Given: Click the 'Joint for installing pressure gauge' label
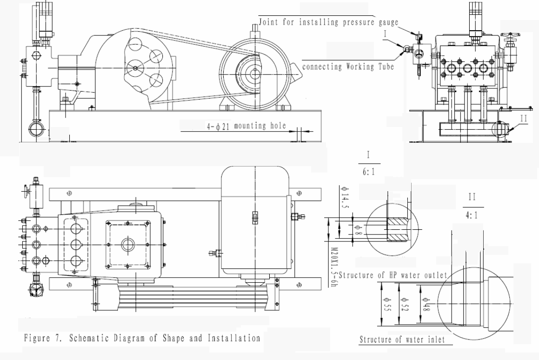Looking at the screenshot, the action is [x=328, y=22].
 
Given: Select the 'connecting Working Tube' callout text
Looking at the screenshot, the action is [x=348, y=67].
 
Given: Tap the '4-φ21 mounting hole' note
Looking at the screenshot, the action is [x=246, y=126].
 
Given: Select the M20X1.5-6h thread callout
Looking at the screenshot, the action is [x=333, y=267].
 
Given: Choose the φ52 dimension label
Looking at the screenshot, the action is [x=404, y=305].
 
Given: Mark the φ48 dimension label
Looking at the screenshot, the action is [x=426, y=305].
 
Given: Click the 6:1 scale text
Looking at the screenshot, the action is [x=368, y=171].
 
